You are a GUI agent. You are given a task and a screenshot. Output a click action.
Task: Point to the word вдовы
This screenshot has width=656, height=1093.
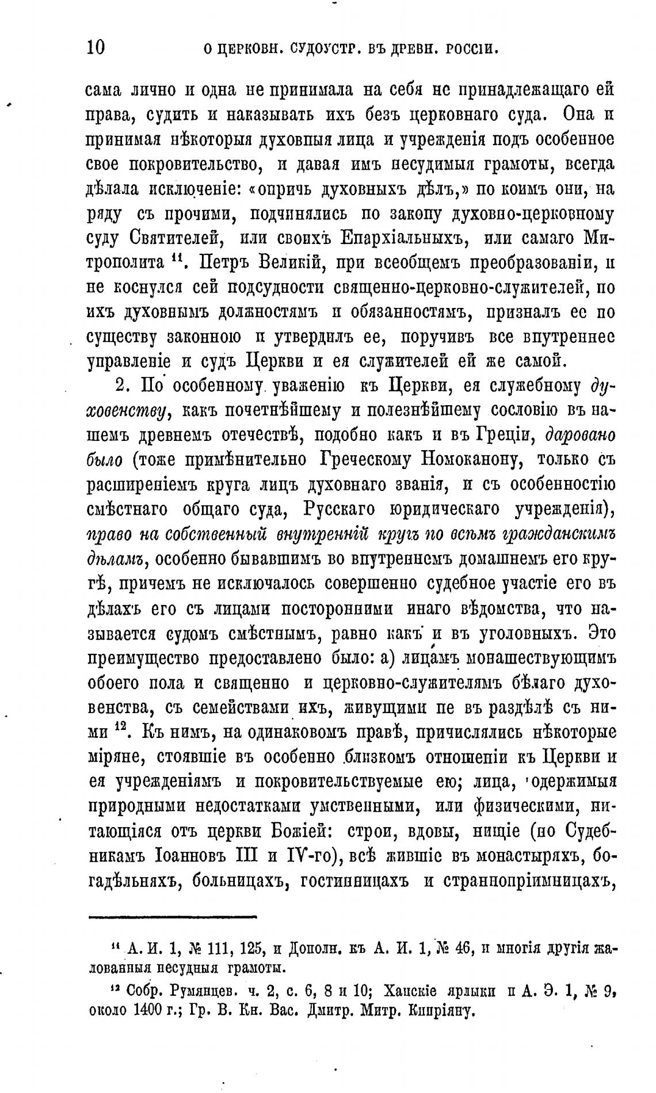point(451,832)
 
